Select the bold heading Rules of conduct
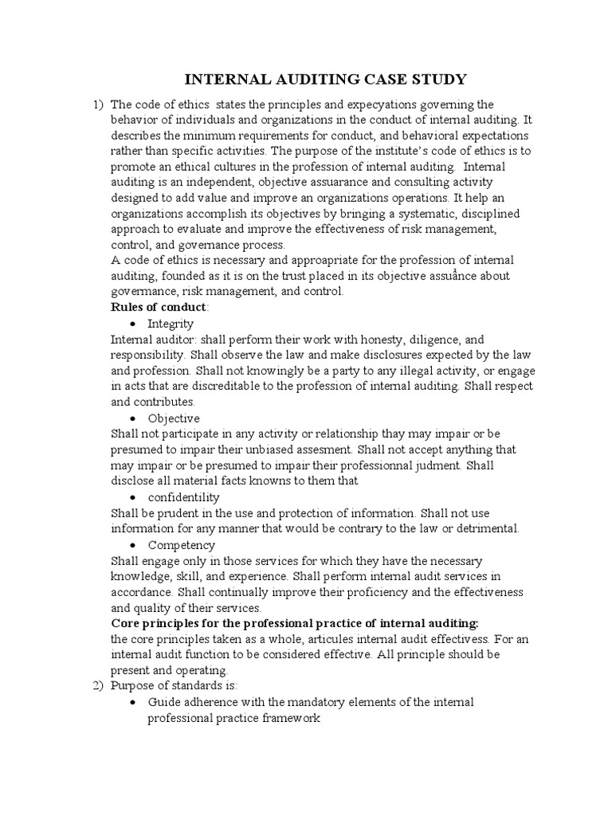(x=158, y=308)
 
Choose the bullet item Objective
(x=174, y=418)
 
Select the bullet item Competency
(x=181, y=544)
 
